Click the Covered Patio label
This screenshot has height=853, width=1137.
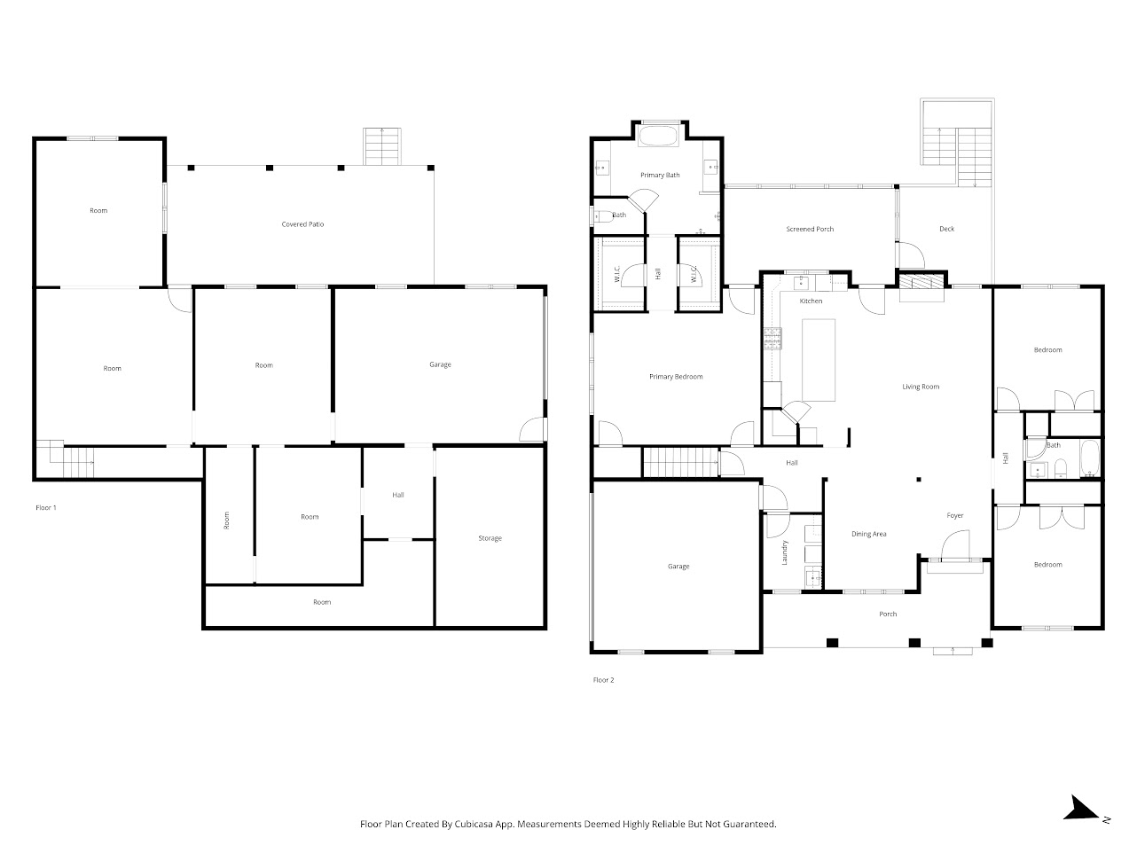click(x=302, y=224)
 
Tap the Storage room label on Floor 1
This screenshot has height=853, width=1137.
click(x=490, y=538)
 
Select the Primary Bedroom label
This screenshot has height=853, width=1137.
click(x=675, y=377)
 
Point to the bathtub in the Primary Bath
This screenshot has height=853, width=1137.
click(x=658, y=137)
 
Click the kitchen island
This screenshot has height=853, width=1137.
click(x=819, y=360)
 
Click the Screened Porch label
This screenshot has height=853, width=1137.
click(x=810, y=230)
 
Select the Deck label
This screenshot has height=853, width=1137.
click(x=946, y=230)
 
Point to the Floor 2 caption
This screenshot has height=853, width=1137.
click(x=603, y=680)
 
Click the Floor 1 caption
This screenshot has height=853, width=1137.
click(x=45, y=508)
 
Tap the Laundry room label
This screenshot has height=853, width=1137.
click(x=785, y=552)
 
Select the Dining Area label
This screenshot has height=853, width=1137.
click(x=868, y=534)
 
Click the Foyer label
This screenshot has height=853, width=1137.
click(x=954, y=515)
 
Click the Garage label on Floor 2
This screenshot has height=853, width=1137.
click(x=678, y=567)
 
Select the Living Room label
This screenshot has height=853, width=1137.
click(x=920, y=387)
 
